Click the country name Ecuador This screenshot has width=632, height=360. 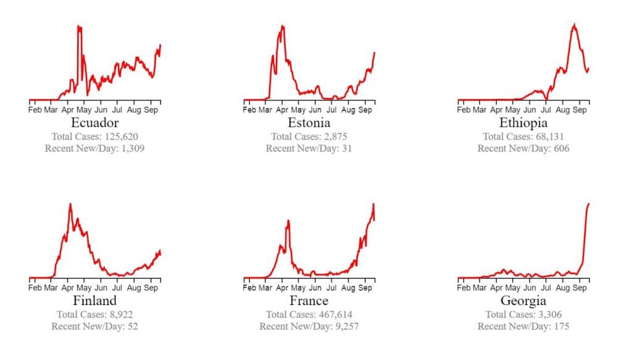[x=95, y=122]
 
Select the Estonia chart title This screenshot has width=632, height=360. [x=309, y=122]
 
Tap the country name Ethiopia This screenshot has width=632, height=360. [x=523, y=122]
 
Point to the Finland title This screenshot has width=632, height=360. [x=95, y=301]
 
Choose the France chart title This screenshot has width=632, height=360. [x=309, y=301]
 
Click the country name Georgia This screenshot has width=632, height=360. [x=523, y=301]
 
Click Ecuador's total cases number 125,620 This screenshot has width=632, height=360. [x=117, y=136]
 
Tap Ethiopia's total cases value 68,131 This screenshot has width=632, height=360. [x=546, y=136]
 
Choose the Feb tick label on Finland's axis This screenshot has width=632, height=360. [x=35, y=288]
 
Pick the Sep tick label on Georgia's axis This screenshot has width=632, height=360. [x=580, y=288]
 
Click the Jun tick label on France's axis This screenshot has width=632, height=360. [x=315, y=288]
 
